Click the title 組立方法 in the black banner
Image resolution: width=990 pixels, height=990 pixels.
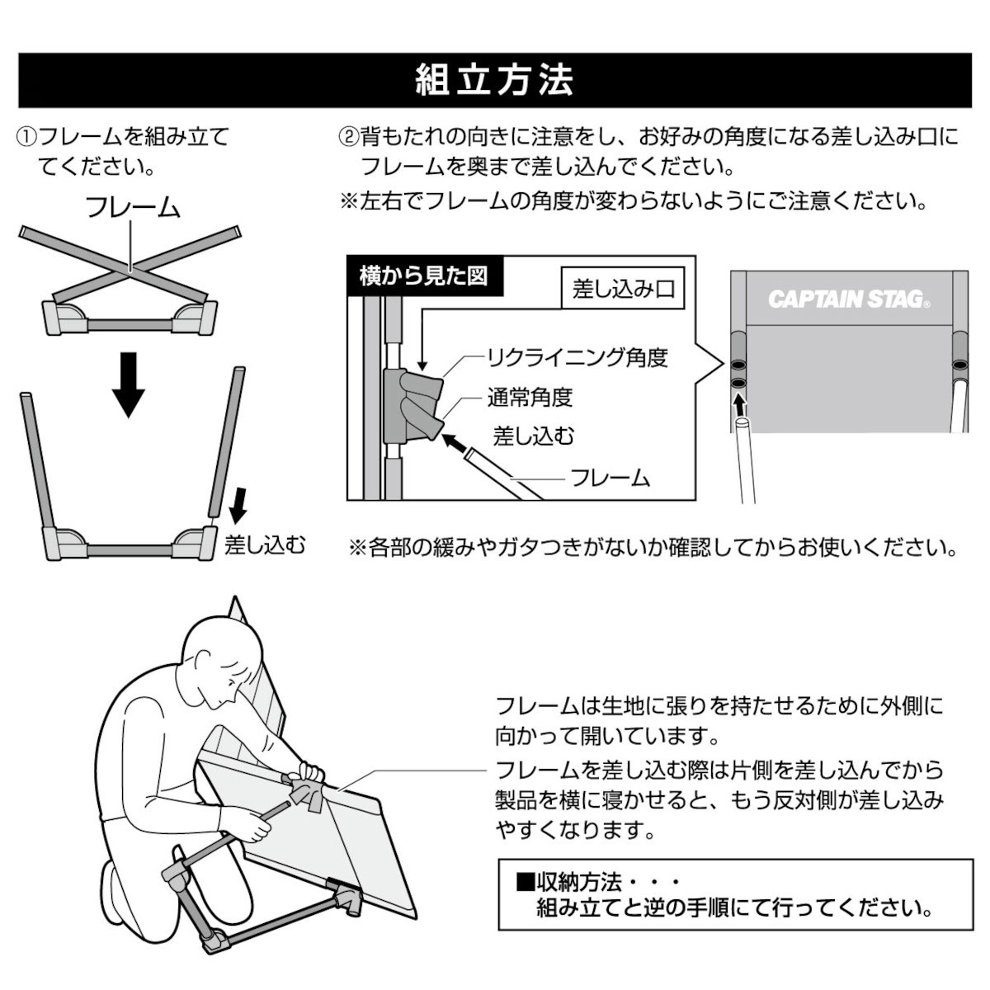tap(494, 80)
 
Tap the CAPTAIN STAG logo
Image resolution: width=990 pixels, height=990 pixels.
tap(849, 299)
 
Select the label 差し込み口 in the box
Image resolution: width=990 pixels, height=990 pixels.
tap(623, 290)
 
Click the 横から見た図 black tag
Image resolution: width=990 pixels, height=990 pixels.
tap(423, 276)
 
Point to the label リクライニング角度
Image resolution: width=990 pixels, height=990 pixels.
tap(577, 357)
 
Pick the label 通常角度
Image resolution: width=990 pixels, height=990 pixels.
tap(530, 397)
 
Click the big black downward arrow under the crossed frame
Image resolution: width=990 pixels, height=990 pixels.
tap(129, 384)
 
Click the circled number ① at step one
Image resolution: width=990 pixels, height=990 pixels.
tap(26, 138)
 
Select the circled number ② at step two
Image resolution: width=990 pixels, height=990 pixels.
tap(348, 138)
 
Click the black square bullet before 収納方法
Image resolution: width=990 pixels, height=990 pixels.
tap(525, 882)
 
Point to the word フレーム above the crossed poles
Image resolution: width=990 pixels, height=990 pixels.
tap(134, 207)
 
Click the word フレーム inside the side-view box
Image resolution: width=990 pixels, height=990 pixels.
tap(610, 478)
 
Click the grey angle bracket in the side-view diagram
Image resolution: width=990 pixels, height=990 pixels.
tap(413, 405)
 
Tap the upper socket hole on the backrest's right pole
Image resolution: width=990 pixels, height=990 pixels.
tap(959, 365)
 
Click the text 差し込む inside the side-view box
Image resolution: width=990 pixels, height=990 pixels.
tap(533, 436)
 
